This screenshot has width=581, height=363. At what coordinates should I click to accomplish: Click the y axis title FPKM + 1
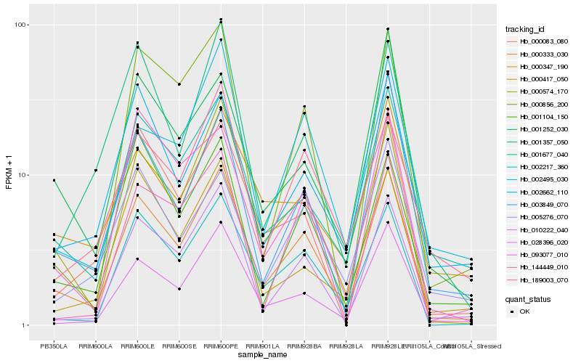pos(9,174)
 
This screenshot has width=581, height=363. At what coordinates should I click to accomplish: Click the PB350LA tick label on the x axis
pos(54,346)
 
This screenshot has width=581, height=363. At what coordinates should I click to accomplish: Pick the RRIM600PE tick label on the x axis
pos(221,346)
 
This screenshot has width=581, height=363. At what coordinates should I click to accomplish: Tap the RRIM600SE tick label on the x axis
pos(179,346)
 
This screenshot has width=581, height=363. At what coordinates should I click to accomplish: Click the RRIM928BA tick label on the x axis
pos(304,346)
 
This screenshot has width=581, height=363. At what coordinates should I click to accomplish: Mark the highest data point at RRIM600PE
pos(221,20)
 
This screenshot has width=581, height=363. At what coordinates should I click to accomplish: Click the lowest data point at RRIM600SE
pos(179,289)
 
